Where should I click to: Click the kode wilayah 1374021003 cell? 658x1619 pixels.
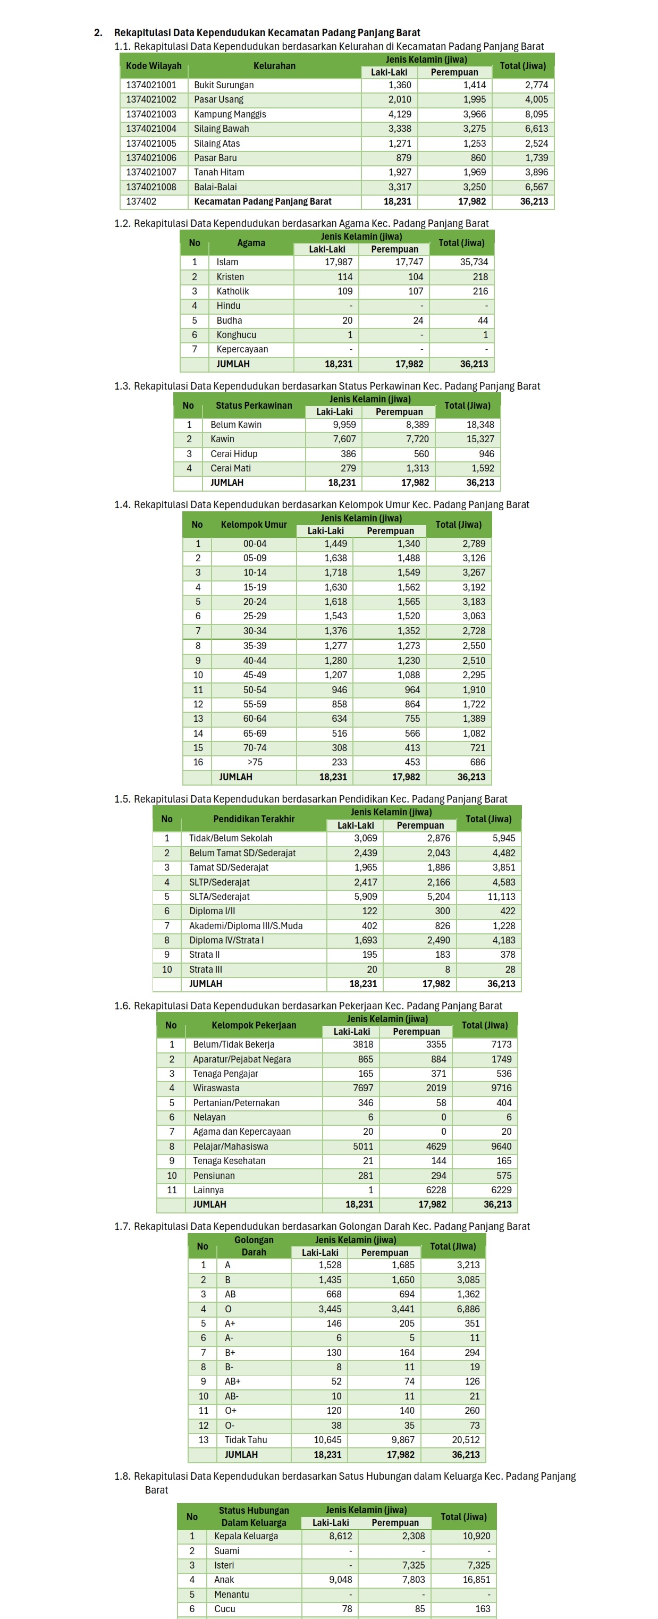click(x=151, y=114)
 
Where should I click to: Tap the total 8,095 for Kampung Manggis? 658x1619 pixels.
click(x=536, y=114)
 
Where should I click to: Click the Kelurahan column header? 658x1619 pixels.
click(x=274, y=66)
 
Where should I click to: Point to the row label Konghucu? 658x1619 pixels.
click(x=237, y=335)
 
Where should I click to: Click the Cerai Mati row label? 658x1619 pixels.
click(x=231, y=468)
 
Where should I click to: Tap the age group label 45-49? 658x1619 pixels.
click(x=255, y=675)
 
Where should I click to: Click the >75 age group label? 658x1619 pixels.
click(x=255, y=762)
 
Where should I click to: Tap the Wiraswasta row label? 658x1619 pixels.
click(x=216, y=1088)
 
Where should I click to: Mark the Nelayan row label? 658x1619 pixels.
click(x=209, y=1117)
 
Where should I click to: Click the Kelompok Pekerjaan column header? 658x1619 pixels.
click(x=254, y=1025)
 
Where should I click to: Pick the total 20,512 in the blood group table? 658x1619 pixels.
click(x=466, y=1440)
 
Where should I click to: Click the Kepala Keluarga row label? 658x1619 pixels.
click(x=246, y=1536)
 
